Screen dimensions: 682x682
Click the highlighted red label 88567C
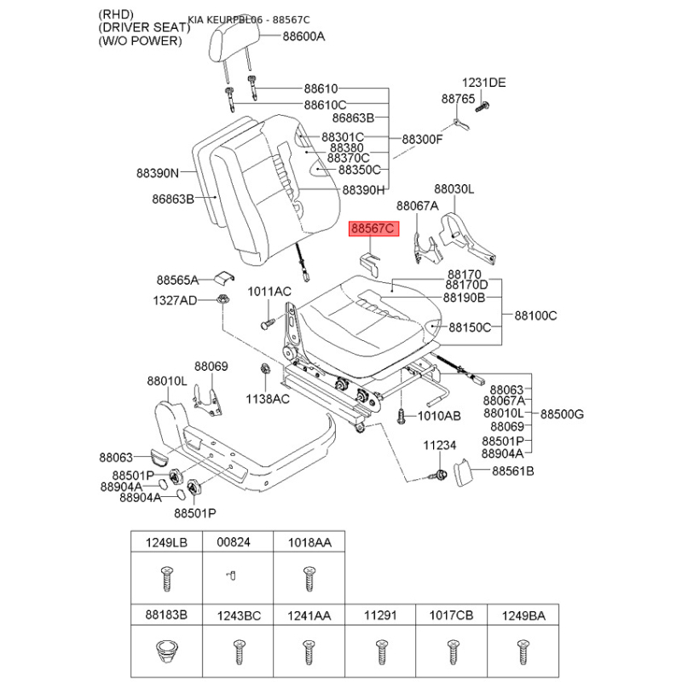tap(373, 228)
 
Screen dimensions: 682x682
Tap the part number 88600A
tap(303, 36)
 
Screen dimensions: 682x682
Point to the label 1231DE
tap(483, 83)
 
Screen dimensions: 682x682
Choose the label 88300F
tap(422, 139)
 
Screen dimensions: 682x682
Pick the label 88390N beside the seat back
tap(158, 173)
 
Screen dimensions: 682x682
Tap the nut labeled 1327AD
tap(223, 299)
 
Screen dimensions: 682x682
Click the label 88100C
tap(535, 315)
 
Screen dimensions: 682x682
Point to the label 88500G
tap(562, 414)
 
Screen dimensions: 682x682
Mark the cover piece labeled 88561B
tap(463, 472)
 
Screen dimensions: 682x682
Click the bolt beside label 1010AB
tap(401, 416)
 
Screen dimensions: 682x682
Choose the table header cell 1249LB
tap(166, 542)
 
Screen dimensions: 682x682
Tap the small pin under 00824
tap(231, 576)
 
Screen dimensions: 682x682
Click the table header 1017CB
tap(451, 616)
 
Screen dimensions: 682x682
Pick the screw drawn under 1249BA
tap(523, 652)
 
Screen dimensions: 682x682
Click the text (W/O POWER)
tap(140, 41)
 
